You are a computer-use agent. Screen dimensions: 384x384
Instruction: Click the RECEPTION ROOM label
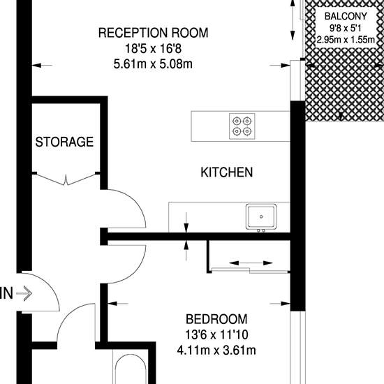tap(154, 33)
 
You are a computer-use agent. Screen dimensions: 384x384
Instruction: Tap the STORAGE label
tap(64, 142)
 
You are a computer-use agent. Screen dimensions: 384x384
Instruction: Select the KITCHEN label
tap(227, 172)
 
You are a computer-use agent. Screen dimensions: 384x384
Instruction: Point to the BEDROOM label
tap(216, 319)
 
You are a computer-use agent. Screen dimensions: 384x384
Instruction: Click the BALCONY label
tap(346, 16)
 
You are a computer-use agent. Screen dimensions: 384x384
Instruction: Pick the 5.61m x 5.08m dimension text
tap(153, 64)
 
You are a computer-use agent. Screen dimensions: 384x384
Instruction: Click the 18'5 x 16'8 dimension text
tap(154, 48)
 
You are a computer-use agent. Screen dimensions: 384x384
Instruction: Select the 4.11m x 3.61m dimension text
tap(216, 350)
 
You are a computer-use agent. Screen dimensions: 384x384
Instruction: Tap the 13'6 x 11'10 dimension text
tap(216, 334)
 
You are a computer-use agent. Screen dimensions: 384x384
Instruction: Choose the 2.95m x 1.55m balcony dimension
tap(346, 39)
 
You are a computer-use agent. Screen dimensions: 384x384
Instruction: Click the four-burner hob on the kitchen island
tap(242, 126)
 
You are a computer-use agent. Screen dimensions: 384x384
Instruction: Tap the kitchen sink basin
tap(261, 216)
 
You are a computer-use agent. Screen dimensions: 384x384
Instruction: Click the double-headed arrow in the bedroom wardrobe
tap(251, 263)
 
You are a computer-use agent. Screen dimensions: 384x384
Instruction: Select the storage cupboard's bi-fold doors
tap(66, 179)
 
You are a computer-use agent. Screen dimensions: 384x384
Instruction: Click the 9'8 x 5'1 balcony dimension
tap(346, 29)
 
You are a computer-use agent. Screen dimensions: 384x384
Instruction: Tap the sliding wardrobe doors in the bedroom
tap(250, 270)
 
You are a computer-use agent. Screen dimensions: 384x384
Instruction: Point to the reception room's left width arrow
tap(42, 66)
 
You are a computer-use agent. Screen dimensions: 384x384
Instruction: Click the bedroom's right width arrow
tap(280, 304)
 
